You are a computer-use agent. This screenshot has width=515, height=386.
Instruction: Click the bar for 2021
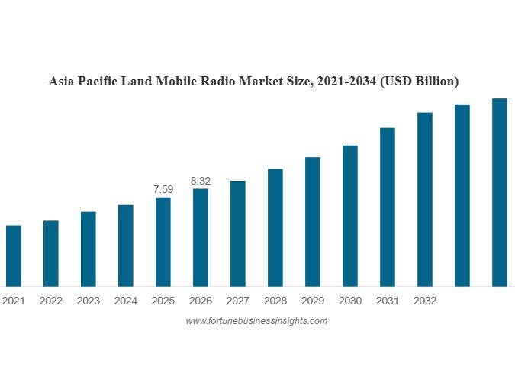pyautogui.click(x=13, y=256)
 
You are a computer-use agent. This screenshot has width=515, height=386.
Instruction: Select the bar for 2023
pyautogui.click(x=88, y=249)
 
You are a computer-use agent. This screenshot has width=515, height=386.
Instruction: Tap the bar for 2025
pyautogui.click(x=163, y=242)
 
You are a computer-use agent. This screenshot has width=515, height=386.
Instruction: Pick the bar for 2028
pyautogui.click(x=275, y=227)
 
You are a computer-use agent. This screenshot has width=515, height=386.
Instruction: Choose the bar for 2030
pyautogui.click(x=349, y=216)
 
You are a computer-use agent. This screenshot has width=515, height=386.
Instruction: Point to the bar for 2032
pyautogui.click(x=424, y=199)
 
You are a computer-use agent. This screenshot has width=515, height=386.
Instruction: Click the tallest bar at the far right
pyautogui.click(x=499, y=192)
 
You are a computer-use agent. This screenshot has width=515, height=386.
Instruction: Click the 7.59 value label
pyautogui.click(x=163, y=188)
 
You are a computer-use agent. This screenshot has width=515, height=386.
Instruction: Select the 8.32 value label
pyautogui.click(x=200, y=181)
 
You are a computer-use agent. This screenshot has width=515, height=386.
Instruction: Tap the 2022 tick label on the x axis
pyautogui.click(x=50, y=301)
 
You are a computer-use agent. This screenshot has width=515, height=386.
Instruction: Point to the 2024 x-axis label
pyautogui.click(x=125, y=301)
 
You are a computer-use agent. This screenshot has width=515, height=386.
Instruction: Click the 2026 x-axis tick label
pyautogui.click(x=200, y=301)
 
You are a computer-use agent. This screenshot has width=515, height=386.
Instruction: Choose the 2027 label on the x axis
pyautogui.click(x=237, y=301)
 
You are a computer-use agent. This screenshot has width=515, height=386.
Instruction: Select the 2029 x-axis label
pyautogui.click(x=312, y=301)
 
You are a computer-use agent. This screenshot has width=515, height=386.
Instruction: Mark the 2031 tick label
pyautogui.click(x=387, y=301)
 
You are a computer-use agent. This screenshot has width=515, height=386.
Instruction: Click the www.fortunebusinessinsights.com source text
pyautogui.click(x=256, y=321)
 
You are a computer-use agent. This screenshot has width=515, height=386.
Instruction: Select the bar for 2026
pyautogui.click(x=200, y=237)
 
